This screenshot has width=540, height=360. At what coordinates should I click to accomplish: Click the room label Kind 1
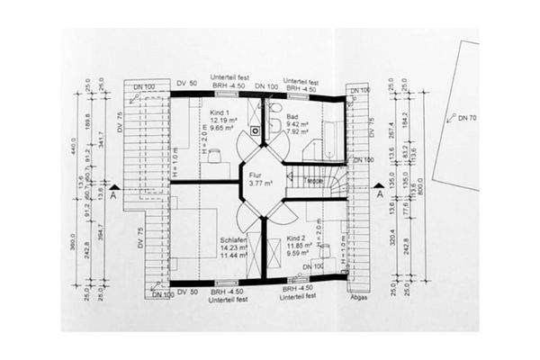[221, 112]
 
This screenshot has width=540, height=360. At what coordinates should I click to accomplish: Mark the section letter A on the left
[112, 192]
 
